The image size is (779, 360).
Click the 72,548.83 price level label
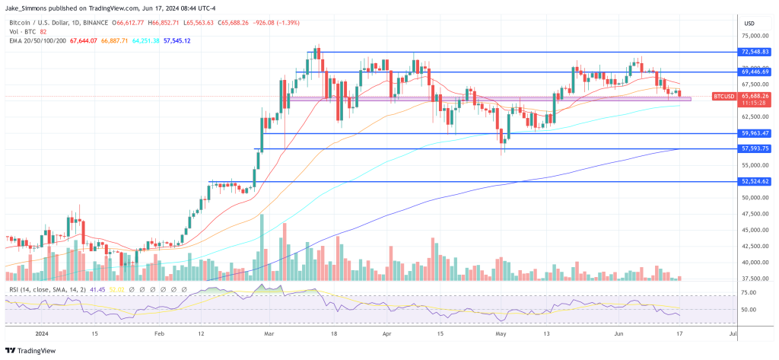(x=755, y=53)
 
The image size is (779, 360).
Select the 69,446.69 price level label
(x=755, y=72)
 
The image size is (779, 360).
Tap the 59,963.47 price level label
(x=755, y=133)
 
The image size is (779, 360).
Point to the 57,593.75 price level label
(x=755, y=148)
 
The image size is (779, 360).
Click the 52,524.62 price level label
(x=755, y=182)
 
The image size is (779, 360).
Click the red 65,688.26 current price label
(x=755, y=96)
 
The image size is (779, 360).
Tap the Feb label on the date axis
(x=160, y=333)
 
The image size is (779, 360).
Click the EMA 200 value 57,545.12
(x=176, y=40)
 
